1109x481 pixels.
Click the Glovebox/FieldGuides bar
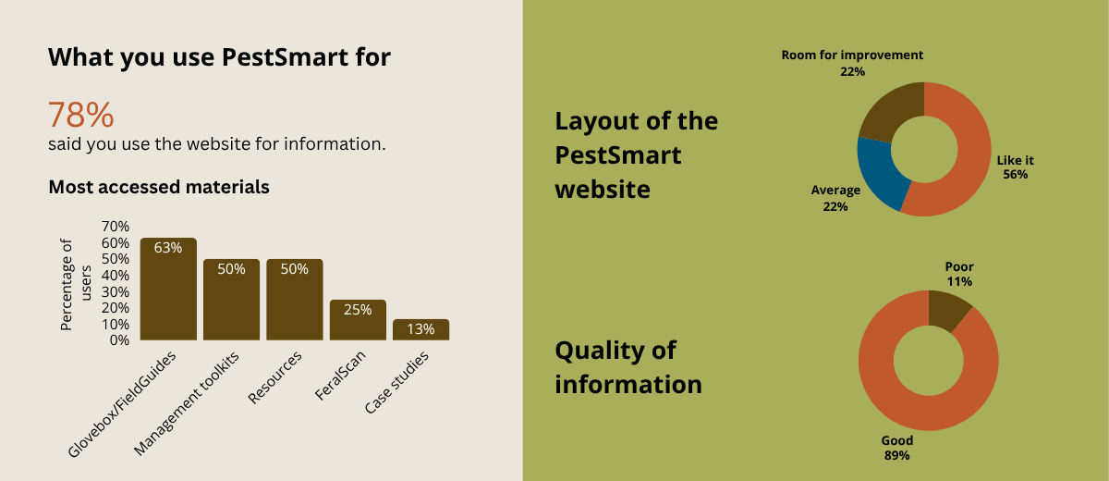tap(168, 289)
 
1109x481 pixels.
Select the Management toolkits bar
tap(231, 300)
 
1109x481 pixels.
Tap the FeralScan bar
tap(358, 320)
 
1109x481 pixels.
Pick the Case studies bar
tap(420, 329)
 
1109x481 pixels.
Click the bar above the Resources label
tap(295, 300)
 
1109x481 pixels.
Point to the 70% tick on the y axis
tap(116, 227)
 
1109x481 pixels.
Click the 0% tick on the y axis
tap(119, 340)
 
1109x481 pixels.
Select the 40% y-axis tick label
tap(116, 276)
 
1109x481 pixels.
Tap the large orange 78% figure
tap(80, 115)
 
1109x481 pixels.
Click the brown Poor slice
tap(948, 310)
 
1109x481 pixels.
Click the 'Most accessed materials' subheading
tap(159, 187)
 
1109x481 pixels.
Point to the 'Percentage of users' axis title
tap(76, 285)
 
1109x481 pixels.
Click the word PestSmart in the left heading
tap(285, 57)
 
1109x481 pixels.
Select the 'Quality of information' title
tap(628, 367)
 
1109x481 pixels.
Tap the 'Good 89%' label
tap(897, 448)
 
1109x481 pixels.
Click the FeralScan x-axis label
tap(340, 375)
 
